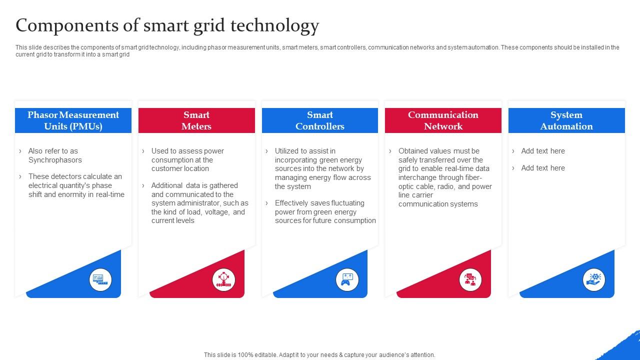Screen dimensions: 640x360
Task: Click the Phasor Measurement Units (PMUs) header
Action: click(x=73, y=120)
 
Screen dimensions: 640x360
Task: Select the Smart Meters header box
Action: click(x=196, y=120)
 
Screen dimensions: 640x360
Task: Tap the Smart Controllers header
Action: click(x=320, y=120)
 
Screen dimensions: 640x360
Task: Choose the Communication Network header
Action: click(x=443, y=120)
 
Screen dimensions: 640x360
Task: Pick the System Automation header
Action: click(x=566, y=120)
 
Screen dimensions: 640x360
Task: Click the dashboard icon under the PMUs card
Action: click(x=100, y=279)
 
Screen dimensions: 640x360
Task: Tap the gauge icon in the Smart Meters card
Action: click(x=223, y=279)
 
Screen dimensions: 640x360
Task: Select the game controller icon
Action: click(x=347, y=279)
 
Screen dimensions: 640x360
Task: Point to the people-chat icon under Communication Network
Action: click(x=470, y=279)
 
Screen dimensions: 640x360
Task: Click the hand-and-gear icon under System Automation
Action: click(x=593, y=279)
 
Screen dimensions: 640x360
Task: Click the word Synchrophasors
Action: click(x=55, y=160)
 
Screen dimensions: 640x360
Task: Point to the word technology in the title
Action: click(x=274, y=25)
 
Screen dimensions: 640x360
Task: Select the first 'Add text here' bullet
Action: click(x=543, y=151)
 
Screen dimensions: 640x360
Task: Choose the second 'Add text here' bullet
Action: click(x=543, y=168)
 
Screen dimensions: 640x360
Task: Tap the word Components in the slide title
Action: click(x=67, y=25)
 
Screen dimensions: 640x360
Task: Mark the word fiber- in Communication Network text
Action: click(x=473, y=177)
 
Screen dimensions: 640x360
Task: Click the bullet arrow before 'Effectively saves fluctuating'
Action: click(x=266, y=203)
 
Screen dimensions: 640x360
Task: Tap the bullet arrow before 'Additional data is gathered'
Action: click(x=143, y=185)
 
